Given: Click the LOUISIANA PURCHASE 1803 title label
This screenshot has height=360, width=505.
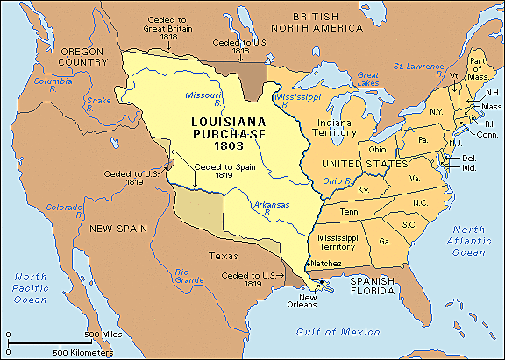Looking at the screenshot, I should point(225,123).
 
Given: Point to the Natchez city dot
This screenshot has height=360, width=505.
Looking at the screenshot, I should point(305,262).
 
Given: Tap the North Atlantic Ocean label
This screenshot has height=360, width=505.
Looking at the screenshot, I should point(462,240).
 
